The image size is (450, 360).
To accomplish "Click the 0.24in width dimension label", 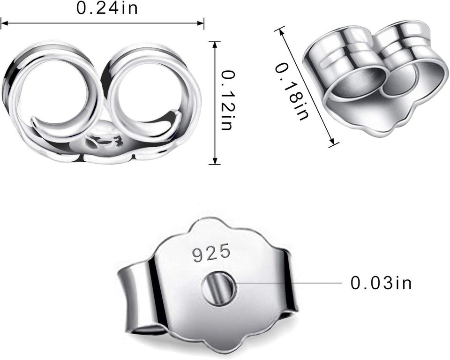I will (107, 9).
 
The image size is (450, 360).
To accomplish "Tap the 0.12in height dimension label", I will (228, 101).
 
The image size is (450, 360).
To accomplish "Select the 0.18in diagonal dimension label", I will (291, 92).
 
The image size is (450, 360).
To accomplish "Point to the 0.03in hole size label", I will (381, 284).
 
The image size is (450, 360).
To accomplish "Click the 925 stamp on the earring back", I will (211, 253).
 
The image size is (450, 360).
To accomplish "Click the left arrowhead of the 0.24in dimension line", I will (4, 22).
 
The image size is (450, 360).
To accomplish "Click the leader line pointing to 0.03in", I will (291, 284).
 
